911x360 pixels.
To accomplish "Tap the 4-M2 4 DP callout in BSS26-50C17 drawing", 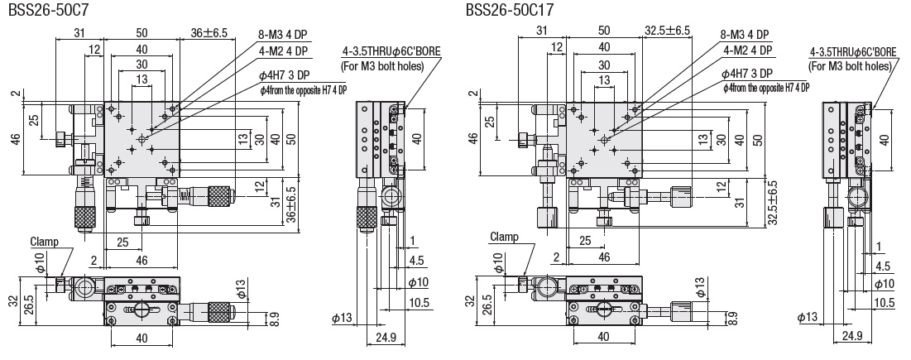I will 746,50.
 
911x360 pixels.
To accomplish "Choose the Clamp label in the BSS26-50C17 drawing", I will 504,237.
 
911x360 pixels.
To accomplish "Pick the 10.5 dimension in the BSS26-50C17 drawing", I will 884,302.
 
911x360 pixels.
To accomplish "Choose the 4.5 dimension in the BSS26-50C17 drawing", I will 884,266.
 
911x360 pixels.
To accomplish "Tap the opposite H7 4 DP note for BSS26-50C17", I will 765,87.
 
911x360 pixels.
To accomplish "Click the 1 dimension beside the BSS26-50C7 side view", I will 411,242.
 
